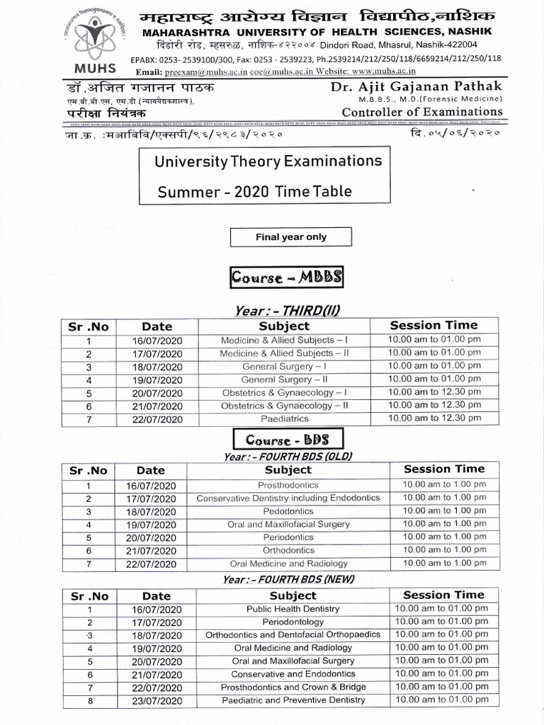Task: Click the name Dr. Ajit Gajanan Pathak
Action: pyautogui.click(x=416, y=86)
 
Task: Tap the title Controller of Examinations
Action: pyautogui.click(x=422, y=112)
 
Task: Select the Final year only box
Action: pyautogui.click(x=291, y=237)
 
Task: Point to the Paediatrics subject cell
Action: pyautogui.click(x=284, y=419)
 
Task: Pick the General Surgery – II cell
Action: pyautogui.click(x=284, y=379)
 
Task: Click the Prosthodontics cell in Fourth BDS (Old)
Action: pyautogui.click(x=288, y=486)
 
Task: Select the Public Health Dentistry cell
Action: pyautogui.click(x=293, y=609)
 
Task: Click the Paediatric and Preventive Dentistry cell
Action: pyautogui.click(x=293, y=700)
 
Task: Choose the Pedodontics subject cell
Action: pyautogui.click(x=288, y=511)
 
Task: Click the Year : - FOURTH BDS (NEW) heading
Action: pyautogui.click(x=288, y=578)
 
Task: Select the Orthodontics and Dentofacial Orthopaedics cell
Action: pyautogui.click(x=293, y=635)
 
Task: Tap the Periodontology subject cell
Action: pyautogui.click(x=293, y=622)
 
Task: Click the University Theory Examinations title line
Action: pyautogui.click(x=268, y=161)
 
